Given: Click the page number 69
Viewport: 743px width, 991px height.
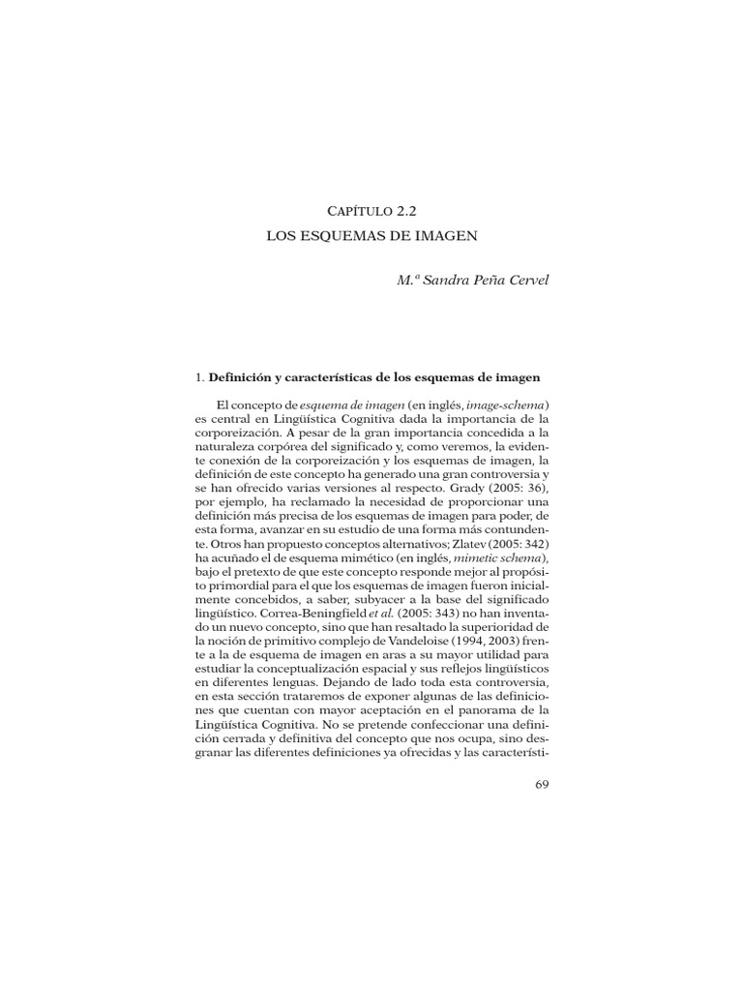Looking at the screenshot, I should coord(541,784).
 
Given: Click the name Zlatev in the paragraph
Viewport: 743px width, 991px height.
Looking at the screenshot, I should coord(467,545).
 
